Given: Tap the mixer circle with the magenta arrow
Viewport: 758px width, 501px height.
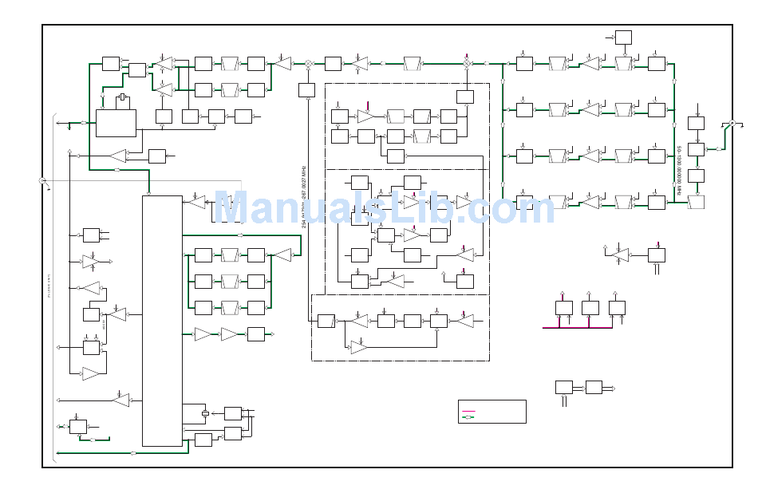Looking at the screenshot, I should (x=467, y=63).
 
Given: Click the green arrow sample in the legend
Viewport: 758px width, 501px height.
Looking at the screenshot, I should (x=469, y=416).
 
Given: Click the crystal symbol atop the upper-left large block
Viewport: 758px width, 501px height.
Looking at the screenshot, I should (x=122, y=100).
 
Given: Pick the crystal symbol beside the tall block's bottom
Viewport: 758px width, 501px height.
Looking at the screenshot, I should (x=205, y=413).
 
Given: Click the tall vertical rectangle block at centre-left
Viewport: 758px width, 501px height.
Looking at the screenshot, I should (x=162, y=321).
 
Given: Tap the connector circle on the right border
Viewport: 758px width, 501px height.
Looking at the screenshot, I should (x=732, y=123).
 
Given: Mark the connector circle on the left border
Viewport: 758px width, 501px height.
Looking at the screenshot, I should (x=42, y=181).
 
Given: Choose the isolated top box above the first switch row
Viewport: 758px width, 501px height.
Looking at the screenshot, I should (x=623, y=37).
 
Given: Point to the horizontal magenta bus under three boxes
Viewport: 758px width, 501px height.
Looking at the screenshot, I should (x=578, y=327).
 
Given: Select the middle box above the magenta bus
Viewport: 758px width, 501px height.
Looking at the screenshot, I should (x=590, y=307).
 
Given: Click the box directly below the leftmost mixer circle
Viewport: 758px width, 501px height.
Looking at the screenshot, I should (x=307, y=90).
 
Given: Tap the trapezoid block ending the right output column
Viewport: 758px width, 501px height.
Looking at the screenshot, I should (x=696, y=202).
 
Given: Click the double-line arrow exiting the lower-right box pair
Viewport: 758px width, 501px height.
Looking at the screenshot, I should (x=609, y=388).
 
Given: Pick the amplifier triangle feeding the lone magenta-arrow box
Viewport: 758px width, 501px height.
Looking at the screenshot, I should (x=619, y=254).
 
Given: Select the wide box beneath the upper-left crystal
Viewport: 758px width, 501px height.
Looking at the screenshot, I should (x=116, y=123).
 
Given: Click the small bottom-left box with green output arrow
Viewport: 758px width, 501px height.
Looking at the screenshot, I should (x=78, y=427).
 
